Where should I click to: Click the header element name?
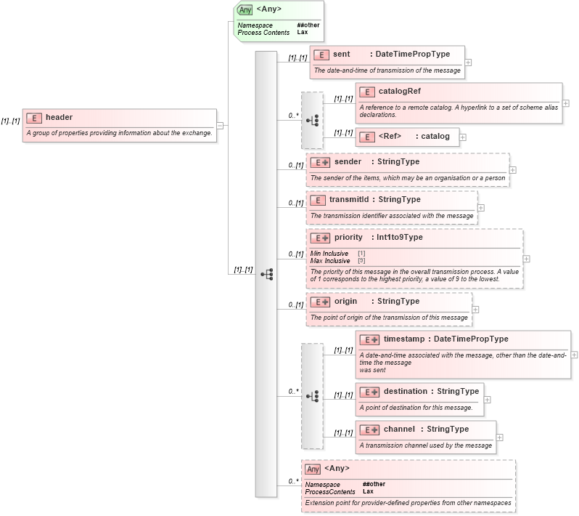tap(59, 117)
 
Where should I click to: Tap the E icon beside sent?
tap(320, 55)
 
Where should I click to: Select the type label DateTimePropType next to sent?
tap(412, 55)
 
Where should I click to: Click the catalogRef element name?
tap(399, 92)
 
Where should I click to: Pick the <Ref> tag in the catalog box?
tap(390, 136)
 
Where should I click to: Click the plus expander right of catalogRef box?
tap(566, 103)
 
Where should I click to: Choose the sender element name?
tap(348, 161)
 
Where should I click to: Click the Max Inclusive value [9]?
tap(361, 260)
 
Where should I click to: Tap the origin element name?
tap(347, 301)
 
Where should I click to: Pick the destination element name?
tap(406, 391)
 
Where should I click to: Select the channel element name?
tap(399, 429)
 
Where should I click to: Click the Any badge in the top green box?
tap(245, 10)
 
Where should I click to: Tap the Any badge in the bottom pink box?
tap(313, 469)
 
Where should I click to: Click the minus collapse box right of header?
tap(221, 125)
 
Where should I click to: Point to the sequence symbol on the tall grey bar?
tap(266, 273)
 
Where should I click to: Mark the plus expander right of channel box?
tap(500, 437)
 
